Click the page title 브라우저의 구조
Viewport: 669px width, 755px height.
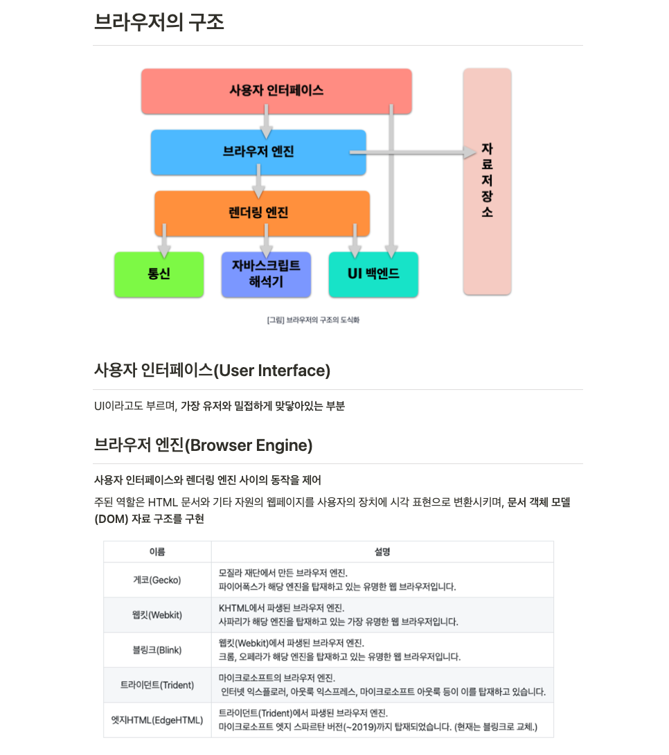pyautogui.click(x=159, y=22)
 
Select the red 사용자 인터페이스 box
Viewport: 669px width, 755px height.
pyautogui.click(x=276, y=91)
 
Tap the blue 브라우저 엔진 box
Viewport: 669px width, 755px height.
pyautogui.click(x=258, y=152)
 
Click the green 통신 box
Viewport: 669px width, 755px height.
pyautogui.click(x=159, y=274)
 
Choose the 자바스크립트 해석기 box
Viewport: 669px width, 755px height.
pyautogui.click(x=266, y=274)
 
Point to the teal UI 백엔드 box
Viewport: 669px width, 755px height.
pyautogui.click(x=373, y=274)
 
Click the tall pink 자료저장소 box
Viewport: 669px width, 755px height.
pyautogui.click(x=487, y=181)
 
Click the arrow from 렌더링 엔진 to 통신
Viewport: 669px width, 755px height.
pyautogui.click(x=165, y=240)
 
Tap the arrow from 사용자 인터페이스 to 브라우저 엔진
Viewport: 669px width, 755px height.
pyautogui.click(x=266, y=122)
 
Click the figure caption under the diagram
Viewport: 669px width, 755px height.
pyautogui.click(x=313, y=321)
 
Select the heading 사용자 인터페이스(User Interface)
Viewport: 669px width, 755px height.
pyautogui.click(x=212, y=371)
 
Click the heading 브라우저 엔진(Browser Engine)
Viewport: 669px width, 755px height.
pyautogui.click(x=203, y=445)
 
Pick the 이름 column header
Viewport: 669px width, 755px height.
pyautogui.click(x=157, y=552)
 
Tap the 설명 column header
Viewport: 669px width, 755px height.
pyautogui.click(x=382, y=552)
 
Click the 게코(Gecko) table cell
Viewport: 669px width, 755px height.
pyautogui.click(x=157, y=580)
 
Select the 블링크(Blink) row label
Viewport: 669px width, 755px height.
pyautogui.click(x=157, y=650)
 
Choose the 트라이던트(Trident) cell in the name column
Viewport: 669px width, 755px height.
pyautogui.click(x=157, y=684)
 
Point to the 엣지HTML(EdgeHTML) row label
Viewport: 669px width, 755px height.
pyautogui.click(x=157, y=720)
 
